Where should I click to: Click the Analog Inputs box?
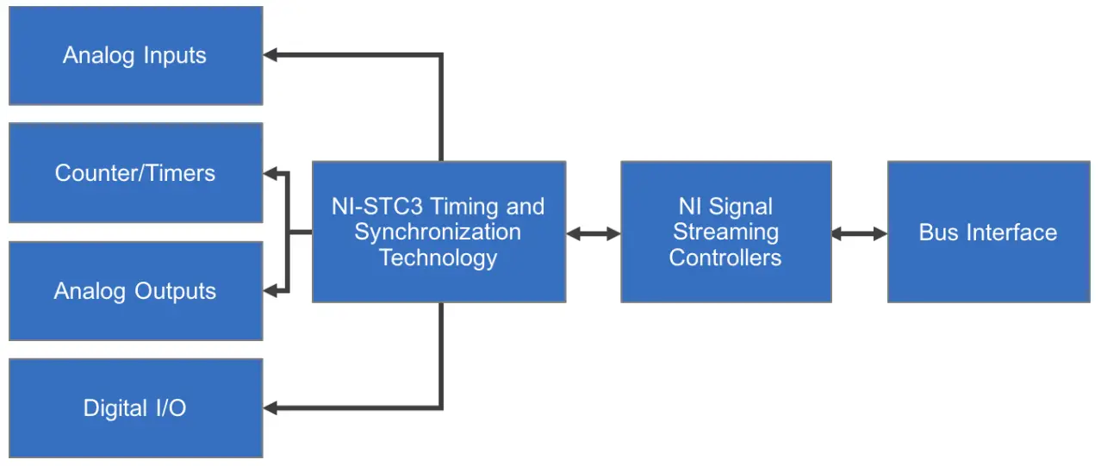[x=135, y=56]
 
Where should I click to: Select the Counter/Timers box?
[x=135, y=173]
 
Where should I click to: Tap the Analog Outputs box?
[x=135, y=291]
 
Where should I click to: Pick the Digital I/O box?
[x=135, y=408]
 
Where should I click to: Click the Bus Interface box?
[x=988, y=233]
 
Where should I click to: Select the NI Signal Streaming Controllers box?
[x=725, y=233]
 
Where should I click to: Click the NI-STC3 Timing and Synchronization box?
[x=438, y=233]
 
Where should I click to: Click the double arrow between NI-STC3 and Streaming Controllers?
[x=594, y=233]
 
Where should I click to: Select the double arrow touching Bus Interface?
[x=859, y=233]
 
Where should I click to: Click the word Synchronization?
[x=438, y=233]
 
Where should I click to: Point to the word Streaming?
[x=725, y=233]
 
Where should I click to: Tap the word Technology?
[x=438, y=258]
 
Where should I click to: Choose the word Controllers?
[x=725, y=258]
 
